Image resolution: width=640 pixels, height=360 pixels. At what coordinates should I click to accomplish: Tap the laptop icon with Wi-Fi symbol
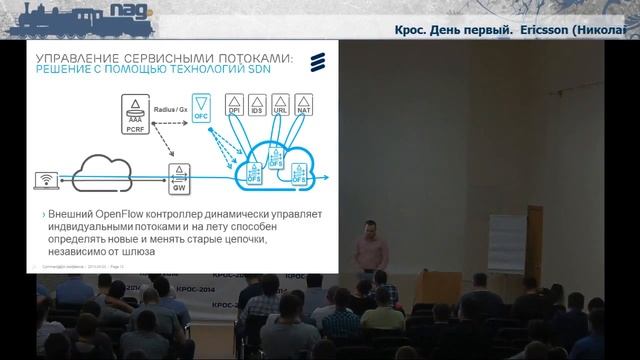[45, 180]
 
